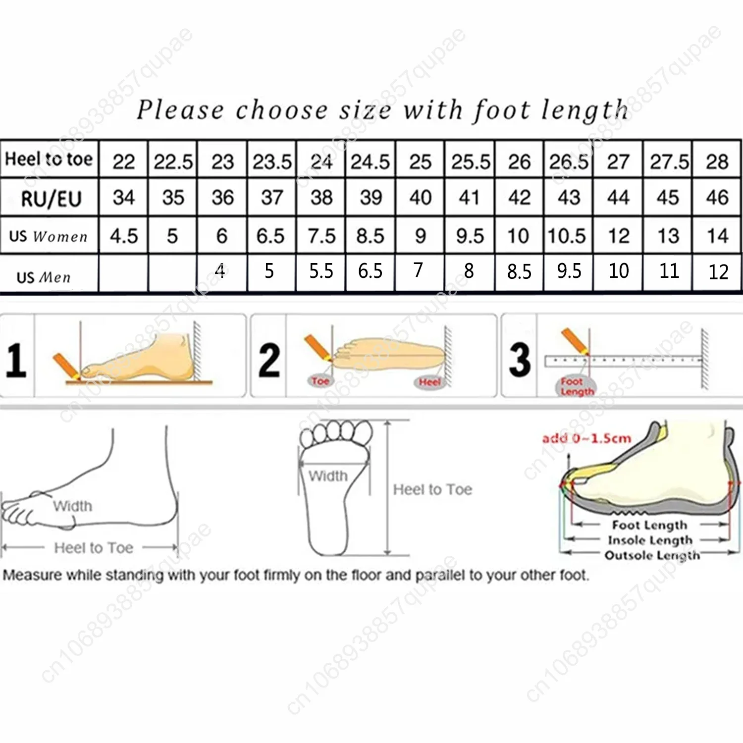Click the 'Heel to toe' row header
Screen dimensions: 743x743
pos(49,159)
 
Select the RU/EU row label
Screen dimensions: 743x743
pos(51,199)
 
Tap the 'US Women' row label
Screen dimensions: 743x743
pos(48,236)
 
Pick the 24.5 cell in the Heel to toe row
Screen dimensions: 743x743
pos(370,162)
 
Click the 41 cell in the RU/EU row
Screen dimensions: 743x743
pos(469,198)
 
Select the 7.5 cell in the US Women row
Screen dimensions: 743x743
pos(321,236)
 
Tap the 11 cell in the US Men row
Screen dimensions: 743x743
pos(668,271)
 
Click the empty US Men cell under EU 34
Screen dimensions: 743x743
pos(123,273)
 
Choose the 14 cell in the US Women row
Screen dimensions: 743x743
pos(717,236)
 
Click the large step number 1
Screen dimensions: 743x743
pos(16,361)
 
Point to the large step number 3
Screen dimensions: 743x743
pos(520,360)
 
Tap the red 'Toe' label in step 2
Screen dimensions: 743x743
pos(320,381)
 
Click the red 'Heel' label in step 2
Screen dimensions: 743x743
pos(429,382)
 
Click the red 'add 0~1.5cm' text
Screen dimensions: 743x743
pos(586,438)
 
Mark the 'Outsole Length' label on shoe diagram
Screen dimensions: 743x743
pos(652,555)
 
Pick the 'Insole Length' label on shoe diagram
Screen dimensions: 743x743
pos(650,540)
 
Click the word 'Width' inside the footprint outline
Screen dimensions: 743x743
pos(328,476)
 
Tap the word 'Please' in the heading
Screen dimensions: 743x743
pos(180,109)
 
